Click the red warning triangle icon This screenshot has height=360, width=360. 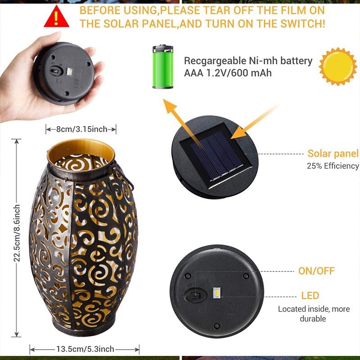click(56, 17)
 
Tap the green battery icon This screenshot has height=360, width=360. click(162, 66)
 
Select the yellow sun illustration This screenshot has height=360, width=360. click(337, 66)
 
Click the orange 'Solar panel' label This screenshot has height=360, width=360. click(333, 154)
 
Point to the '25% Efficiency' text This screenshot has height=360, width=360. click(333, 166)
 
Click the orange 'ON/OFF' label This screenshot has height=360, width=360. click(316, 271)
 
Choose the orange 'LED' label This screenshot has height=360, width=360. click(310, 296)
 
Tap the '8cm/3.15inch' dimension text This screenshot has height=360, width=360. click(81, 130)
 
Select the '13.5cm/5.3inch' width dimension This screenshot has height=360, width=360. click(85, 349)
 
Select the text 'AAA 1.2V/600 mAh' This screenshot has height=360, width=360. click(228, 72)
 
